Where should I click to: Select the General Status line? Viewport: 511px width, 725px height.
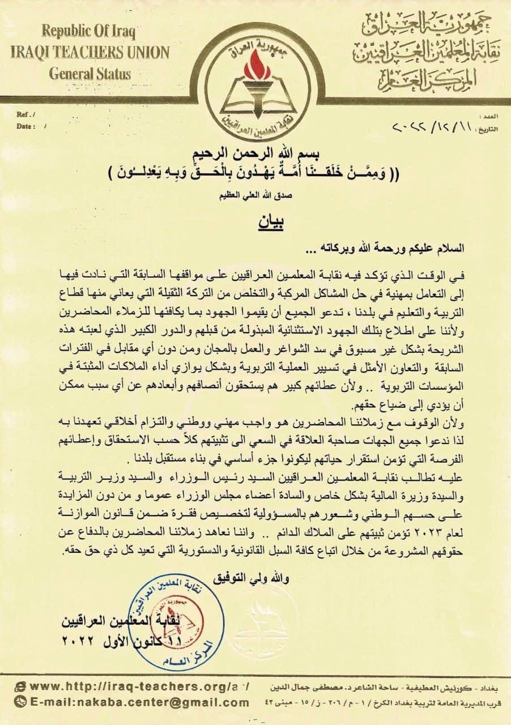(x=90, y=73)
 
